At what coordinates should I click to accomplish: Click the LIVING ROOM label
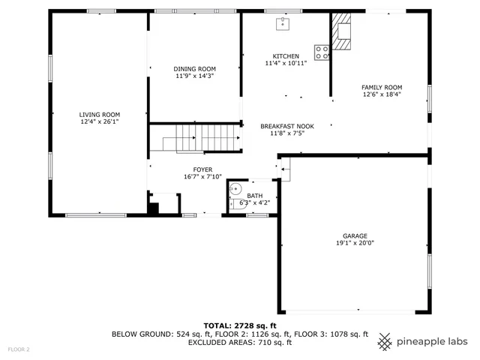100,114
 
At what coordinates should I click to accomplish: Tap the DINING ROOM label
195,69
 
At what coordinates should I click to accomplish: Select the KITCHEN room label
286,56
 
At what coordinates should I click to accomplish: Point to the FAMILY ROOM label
382,87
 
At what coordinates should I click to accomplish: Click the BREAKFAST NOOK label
287,126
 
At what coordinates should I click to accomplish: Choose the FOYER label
202,169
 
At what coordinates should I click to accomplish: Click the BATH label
255,195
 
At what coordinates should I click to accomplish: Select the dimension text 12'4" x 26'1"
100,121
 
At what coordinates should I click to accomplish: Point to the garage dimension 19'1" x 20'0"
355,242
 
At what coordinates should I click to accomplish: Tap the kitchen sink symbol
283,24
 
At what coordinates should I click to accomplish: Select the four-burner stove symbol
322,52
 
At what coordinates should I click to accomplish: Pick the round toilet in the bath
235,190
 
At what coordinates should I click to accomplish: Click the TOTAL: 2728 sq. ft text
240,325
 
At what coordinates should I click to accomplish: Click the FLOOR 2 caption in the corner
19,349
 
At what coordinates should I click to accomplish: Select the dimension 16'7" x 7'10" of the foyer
202,177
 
